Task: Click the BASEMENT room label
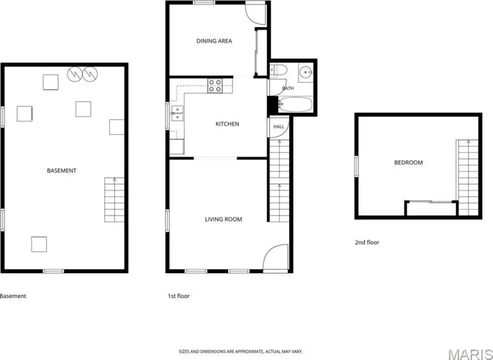click(62, 171)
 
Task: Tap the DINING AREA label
click(214, 41)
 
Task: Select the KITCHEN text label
click(227, 124)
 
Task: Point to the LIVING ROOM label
click(223, 219)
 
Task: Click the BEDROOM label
click(408, 163)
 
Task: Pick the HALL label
click(279, 126)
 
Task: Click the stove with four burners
click(215, 86)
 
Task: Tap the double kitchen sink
click(177, 113)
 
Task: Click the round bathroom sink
click(305, 72)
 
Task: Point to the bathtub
click(295, 104)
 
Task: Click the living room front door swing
click(275, 257)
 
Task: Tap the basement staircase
click(115, 200)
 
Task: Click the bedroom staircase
click(468, 177)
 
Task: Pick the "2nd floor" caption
click(367, 242)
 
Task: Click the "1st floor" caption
click(179, 296)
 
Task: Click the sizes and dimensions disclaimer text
click(241, 351)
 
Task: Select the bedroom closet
click(431, 209)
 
